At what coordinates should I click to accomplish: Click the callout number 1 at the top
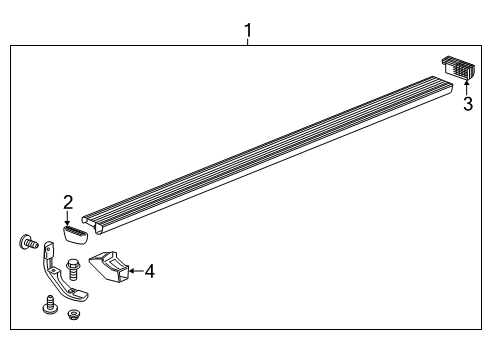click(x=247, y=31)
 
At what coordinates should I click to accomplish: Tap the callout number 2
click(x=68, y=202)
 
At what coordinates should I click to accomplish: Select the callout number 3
click(x=467, y=104)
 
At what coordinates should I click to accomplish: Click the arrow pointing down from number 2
click(x=68, y=217)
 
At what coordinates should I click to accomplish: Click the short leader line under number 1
click(x=247, y=42)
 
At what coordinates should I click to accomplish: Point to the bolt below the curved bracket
click(x=49, y=304)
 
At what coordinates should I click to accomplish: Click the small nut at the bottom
click(x=73, y=315)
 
